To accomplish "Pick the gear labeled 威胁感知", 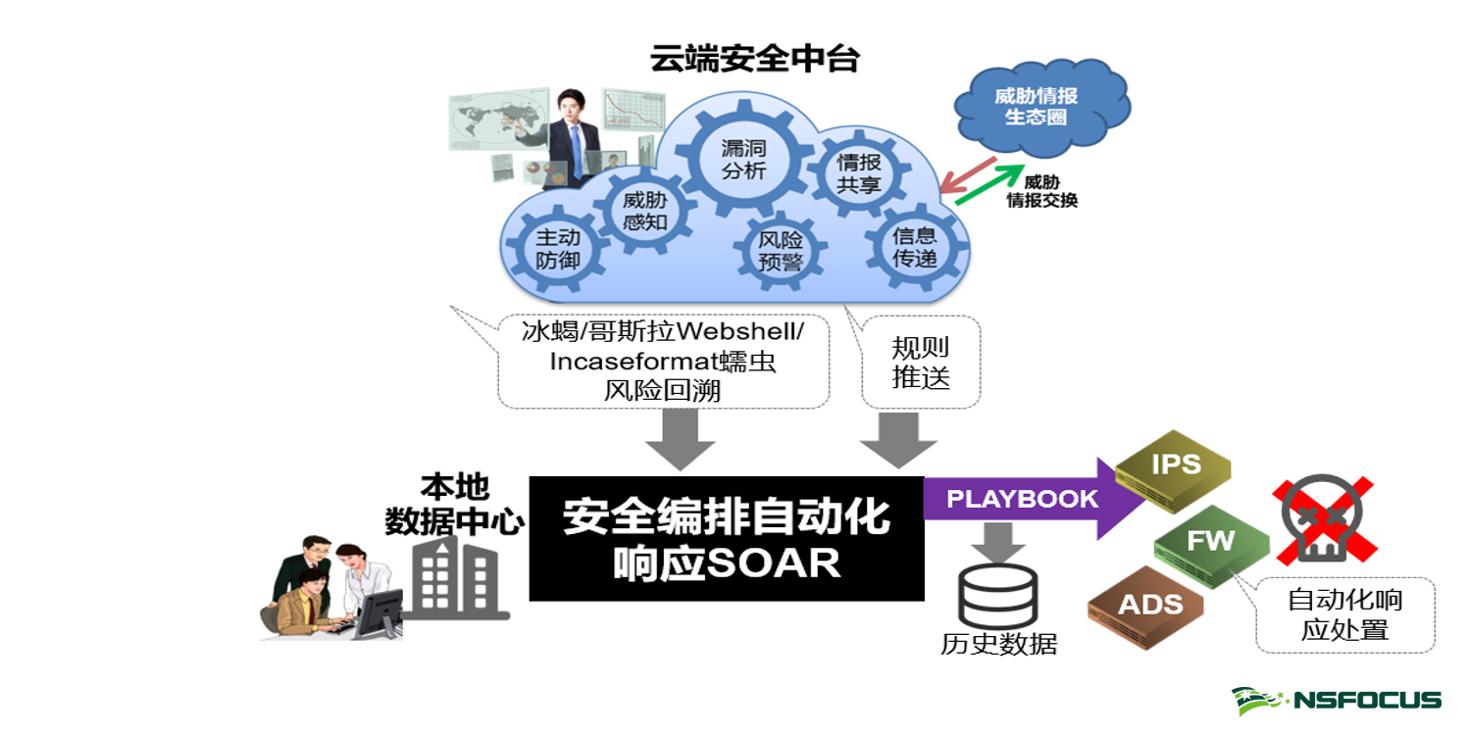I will tap(644, 211).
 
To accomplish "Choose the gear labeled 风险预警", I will tap(781, 250).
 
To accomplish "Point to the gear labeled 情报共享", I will tap(858, 173).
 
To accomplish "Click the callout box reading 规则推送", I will tap(921, 363).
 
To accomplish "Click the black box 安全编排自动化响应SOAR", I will tap(727, 538).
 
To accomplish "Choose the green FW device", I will tap(1210, 543).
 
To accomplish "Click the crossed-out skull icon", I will tap(1324, 518).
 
